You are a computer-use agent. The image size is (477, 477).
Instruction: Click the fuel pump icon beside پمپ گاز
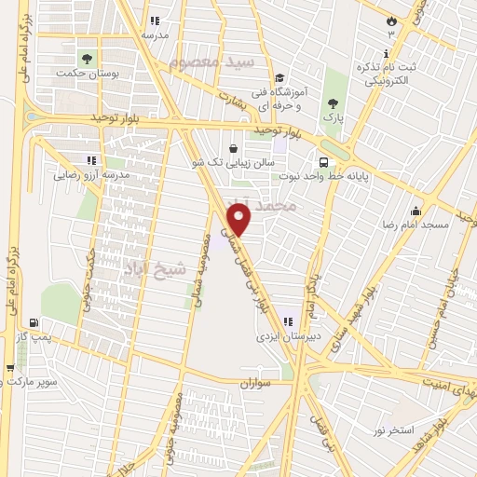coord(34,322)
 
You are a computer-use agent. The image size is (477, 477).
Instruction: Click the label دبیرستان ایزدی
coord(288,339)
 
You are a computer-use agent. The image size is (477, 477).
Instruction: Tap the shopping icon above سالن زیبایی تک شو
coord(233,148)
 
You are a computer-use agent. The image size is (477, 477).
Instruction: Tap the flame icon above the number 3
coord(391,20)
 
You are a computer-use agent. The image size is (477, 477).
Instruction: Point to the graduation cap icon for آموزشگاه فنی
coord(280,77)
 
